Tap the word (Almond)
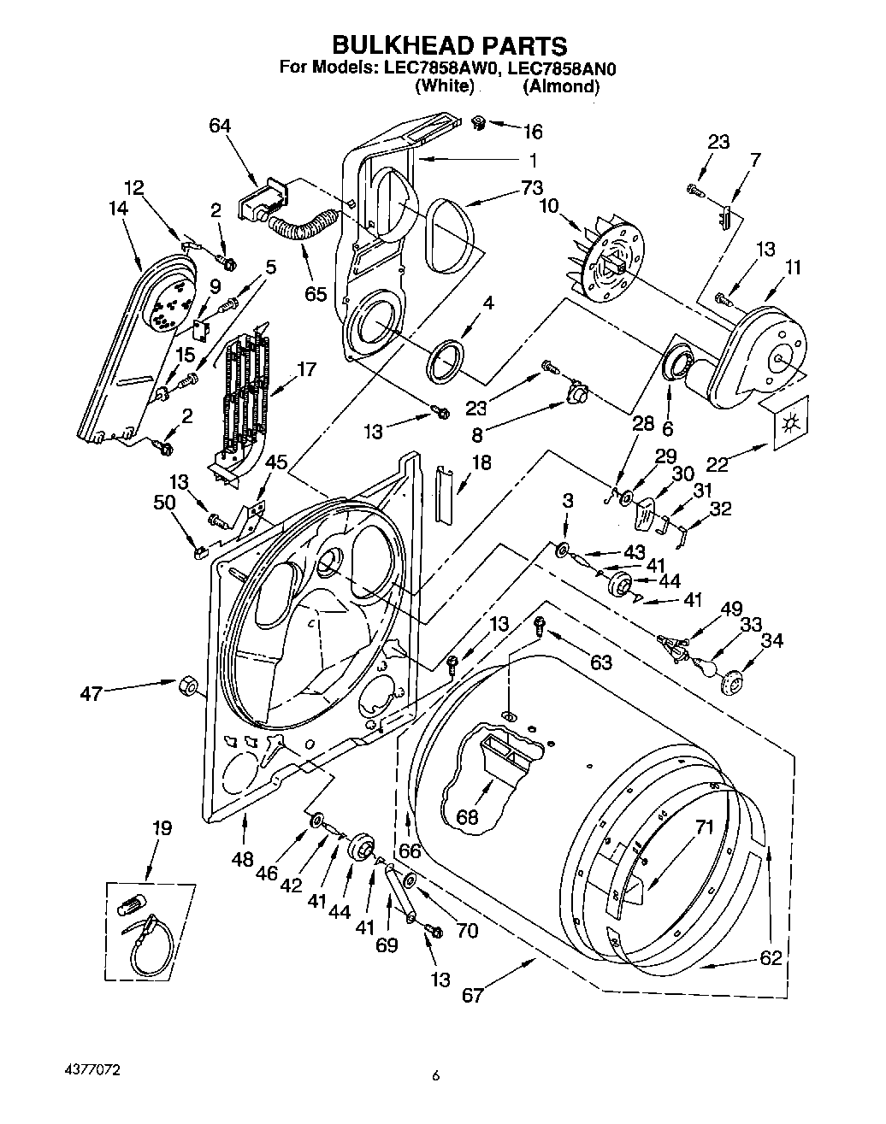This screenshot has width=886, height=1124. [x=561, y=86]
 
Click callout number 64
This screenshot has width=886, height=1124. [x=220, y=126]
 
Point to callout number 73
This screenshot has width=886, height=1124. [x=532, y=187]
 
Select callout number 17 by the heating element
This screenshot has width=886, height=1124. [x=306, y=370]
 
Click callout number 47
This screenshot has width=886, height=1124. [x=91, y=693]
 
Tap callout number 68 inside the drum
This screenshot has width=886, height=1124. [x=467, y=817]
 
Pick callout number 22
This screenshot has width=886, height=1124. [x=718, y=464]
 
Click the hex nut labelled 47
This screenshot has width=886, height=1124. [x=187, y=684]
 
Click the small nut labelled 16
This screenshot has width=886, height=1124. [x=478, y=123]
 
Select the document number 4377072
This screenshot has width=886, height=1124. [x=92, y=1070]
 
